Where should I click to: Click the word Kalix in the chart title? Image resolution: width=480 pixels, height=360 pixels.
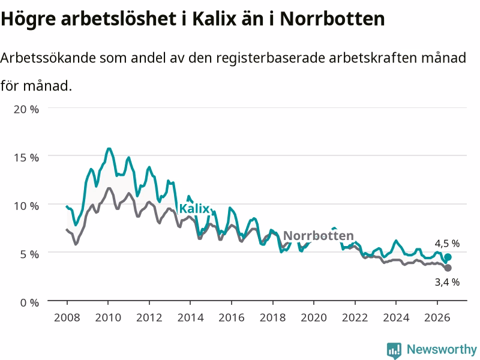pos(214,19)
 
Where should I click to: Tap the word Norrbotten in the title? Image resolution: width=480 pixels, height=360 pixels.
pos(332,19)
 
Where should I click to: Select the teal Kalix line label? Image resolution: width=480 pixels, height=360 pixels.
pos(194,209)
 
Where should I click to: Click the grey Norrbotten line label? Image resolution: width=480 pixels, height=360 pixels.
pos(319,235)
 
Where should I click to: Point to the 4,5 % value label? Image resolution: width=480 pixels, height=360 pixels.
pos(447,244)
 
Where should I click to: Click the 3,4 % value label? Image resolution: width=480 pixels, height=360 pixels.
pos(447,282)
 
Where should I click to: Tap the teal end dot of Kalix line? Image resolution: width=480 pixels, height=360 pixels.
pos(448,257)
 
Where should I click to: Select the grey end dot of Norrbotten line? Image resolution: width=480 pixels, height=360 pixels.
pos(448,268)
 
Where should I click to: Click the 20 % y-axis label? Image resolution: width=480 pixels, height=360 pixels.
pos(26,109)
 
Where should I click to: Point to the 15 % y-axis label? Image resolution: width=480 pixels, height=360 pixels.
pos(26,158)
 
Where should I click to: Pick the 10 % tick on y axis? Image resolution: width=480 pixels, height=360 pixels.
pos(26,206)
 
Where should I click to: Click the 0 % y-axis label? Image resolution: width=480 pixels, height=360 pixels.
pos(29,303)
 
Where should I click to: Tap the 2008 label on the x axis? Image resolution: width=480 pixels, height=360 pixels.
pos(67,317)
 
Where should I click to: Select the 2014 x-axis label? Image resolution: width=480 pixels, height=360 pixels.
pos(190,317)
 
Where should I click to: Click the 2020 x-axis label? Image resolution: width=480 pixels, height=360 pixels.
pos(314,317)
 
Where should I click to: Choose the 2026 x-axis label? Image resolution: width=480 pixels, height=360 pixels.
pos(437,317)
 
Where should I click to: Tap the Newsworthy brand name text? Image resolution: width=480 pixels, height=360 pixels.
pos(442,349)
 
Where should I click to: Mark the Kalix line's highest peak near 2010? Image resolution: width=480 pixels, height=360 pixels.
pos(109,149)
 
